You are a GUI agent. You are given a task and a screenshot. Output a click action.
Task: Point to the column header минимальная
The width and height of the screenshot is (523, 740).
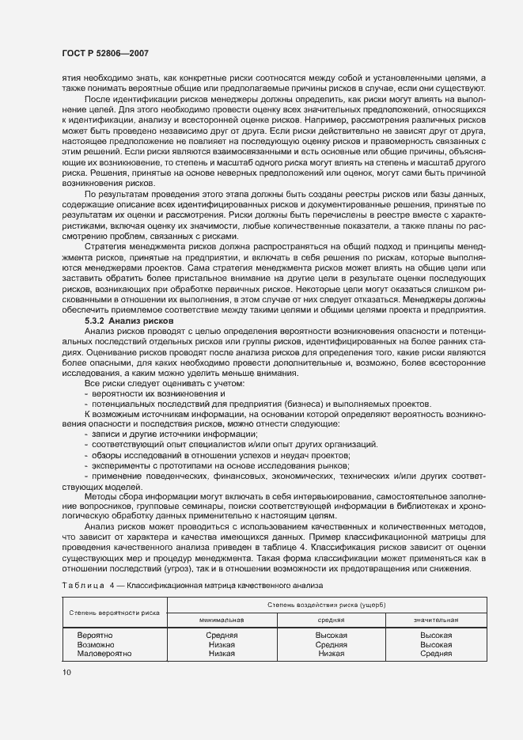click(x=222, y=620)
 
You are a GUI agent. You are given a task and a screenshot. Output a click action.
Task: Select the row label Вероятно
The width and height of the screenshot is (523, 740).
click(x=95, y=636)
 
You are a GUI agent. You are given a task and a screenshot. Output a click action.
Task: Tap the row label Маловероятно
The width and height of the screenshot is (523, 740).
click(x=104, y=654)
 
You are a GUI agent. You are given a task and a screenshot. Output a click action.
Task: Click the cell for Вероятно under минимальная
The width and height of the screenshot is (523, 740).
click(x=222, y=636)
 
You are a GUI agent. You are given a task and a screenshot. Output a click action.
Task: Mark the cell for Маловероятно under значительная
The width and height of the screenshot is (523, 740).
click(x=436, y=654)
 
